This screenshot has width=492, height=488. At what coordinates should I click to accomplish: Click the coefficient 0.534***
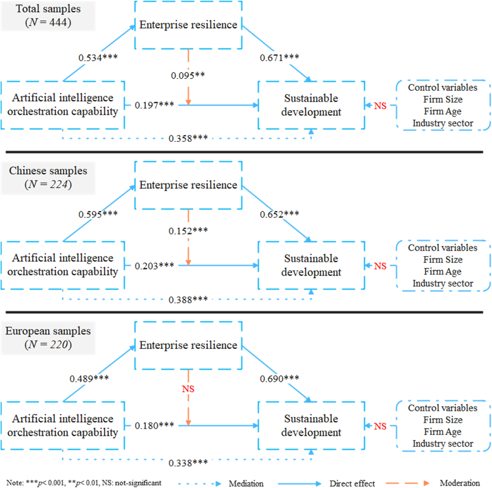tap(98, 58)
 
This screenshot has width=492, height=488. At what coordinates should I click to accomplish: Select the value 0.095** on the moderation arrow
tap(188, 76)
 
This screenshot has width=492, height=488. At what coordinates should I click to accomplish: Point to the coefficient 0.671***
tap(279, 58)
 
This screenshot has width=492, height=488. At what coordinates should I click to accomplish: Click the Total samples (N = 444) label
tap(48, 16)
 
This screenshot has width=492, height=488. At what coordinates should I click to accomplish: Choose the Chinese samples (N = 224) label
tap(48, 178)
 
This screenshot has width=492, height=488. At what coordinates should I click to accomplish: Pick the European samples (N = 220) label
tap(48, 338)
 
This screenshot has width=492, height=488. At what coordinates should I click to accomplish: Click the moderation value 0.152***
tap(188, 231)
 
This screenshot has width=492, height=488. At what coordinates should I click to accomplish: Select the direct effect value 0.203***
tap(154, 266)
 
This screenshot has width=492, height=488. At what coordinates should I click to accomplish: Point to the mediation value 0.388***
tap(188, 300)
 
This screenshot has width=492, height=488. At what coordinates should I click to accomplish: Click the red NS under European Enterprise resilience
tap(188, 389)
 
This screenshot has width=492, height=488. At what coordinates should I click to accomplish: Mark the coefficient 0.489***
tap(89, 379)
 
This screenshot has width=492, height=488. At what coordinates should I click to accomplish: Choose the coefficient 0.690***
tap(279, 379)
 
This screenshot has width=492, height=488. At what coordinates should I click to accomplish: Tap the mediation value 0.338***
tap(188, 463)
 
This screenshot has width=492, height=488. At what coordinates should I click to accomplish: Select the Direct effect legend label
tap(352, 483)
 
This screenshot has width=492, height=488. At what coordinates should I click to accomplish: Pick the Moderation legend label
tap(460, 483)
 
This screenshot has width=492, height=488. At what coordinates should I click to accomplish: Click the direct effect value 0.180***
tap(154, 426)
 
